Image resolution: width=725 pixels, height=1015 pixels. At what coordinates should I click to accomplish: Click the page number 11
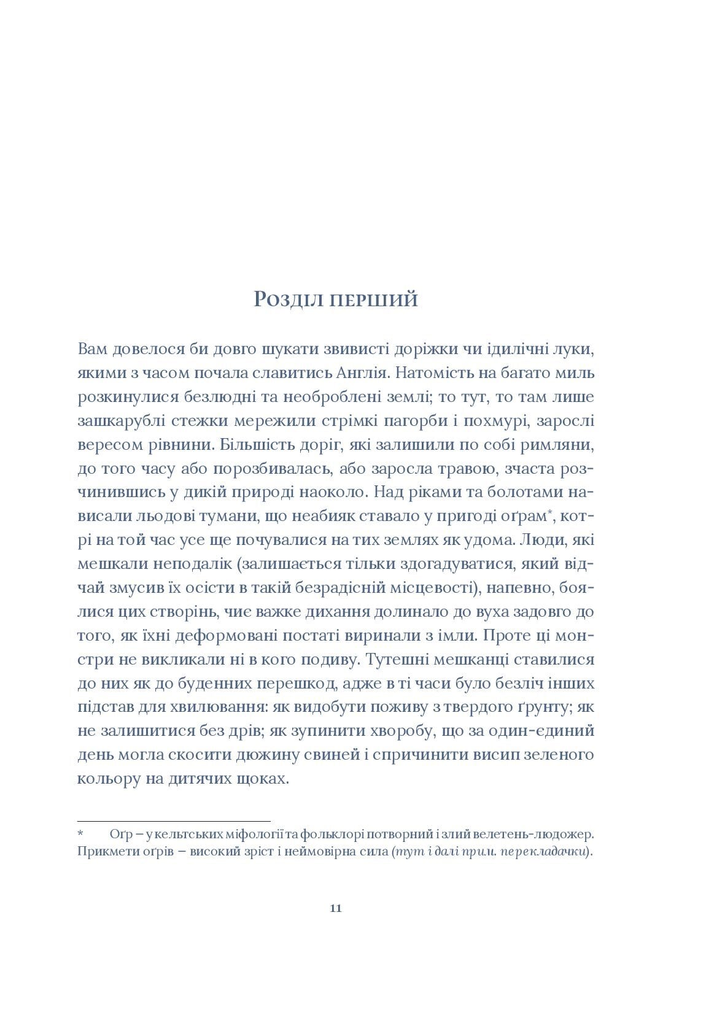click(336, 909)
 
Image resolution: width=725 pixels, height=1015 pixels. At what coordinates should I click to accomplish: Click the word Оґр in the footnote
click(120, 835)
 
